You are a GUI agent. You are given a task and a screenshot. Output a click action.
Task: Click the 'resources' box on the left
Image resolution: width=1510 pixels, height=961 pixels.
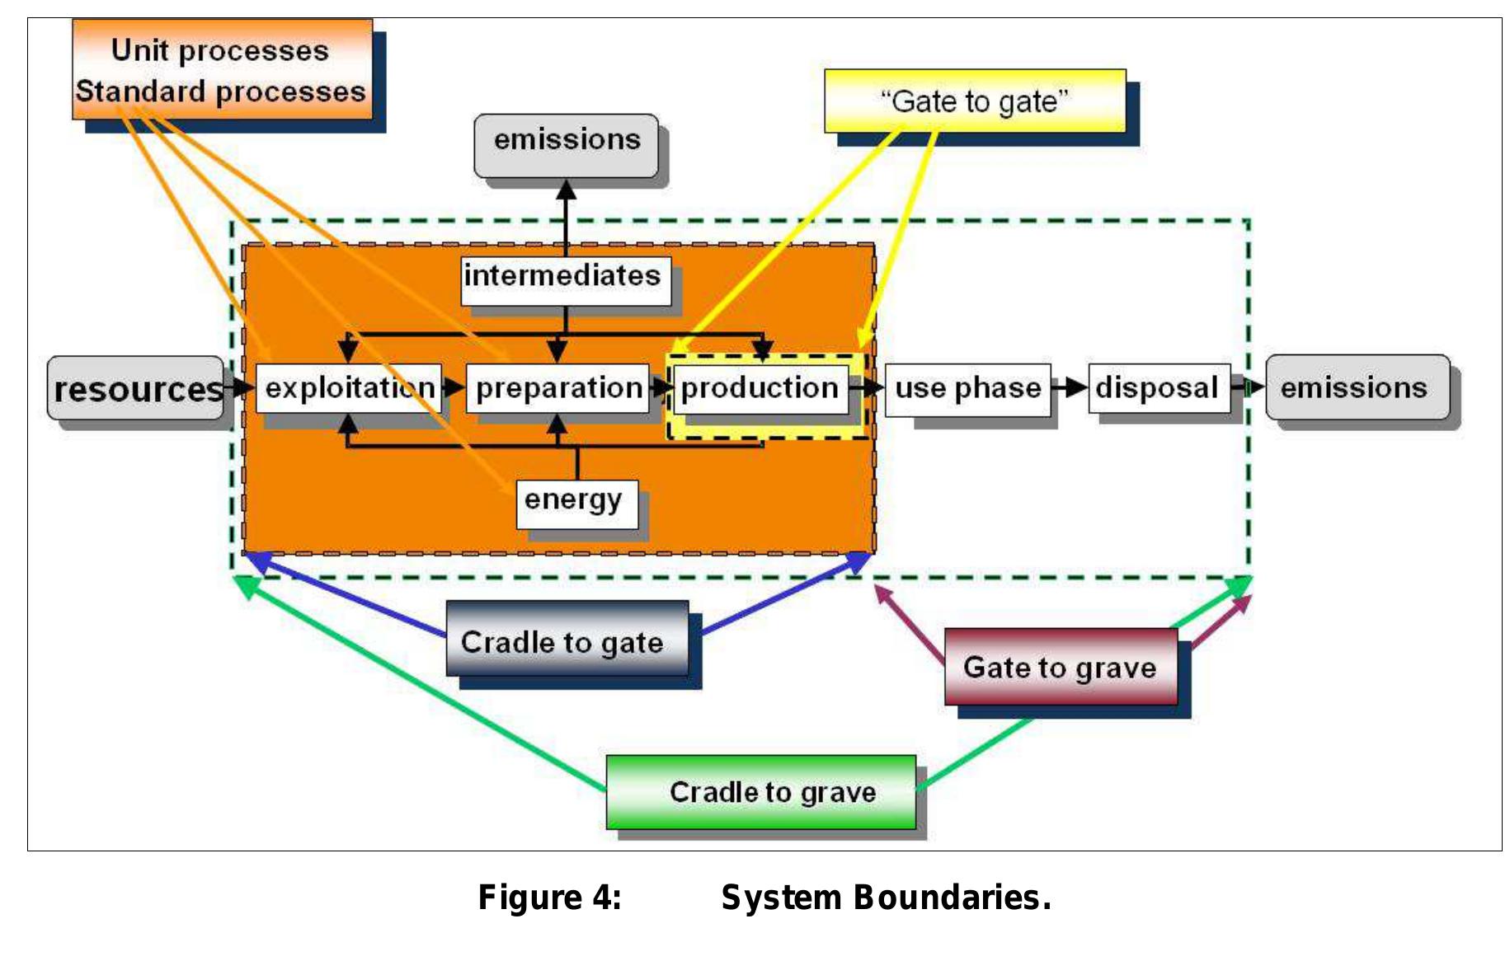(x=135, y=388)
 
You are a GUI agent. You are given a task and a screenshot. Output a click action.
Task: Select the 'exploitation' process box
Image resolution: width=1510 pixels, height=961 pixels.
(x=349, y=387)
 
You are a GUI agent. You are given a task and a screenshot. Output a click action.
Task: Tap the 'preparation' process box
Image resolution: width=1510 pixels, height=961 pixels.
(x=558, y=387)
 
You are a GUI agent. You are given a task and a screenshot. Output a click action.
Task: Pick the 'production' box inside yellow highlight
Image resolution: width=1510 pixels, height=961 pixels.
(x=760, y=387)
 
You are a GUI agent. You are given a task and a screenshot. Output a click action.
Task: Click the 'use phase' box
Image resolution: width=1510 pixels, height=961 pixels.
(x=967, y=388)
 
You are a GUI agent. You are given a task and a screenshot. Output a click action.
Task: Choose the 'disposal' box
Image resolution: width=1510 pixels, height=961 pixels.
(x=1158, y=387)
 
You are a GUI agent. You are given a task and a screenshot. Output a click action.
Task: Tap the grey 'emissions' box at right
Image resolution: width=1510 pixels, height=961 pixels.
(x=1357, y=387)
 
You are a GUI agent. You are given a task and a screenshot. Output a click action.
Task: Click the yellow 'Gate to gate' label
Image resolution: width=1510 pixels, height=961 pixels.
(x=975, y=101)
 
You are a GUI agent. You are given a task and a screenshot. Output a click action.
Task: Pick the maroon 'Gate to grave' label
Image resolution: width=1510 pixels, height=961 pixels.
(x=1061, y=666)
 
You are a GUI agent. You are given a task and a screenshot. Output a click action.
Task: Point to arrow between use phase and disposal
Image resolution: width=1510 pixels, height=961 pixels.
(x=1070, y=387)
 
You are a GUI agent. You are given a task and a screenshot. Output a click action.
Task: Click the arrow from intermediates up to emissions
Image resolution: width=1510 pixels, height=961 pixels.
(x=566, y=218)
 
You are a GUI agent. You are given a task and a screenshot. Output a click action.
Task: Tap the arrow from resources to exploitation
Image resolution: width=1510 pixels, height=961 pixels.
(x=239, y=387)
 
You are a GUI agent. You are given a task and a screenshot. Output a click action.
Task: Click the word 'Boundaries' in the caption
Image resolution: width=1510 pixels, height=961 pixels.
(x=952, y=898)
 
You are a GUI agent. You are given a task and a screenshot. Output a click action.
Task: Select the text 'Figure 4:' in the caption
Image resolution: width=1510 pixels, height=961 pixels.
(x=550, y=898)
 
